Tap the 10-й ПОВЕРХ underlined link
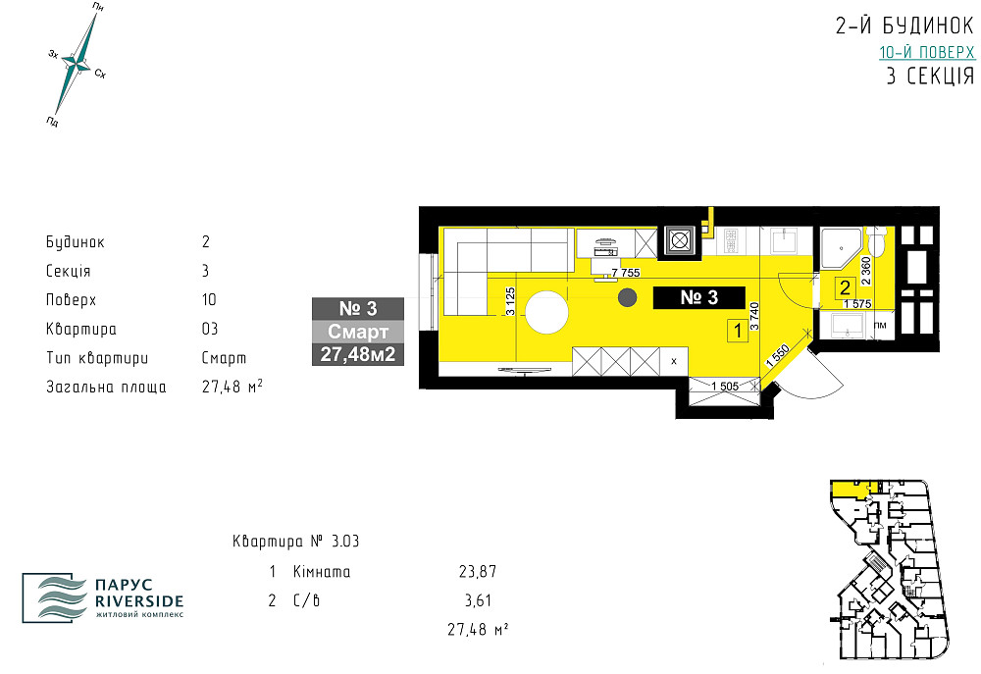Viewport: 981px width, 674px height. pos(926,53)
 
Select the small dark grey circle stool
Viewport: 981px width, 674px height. pos(626,297)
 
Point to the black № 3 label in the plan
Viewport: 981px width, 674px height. pos(698,298)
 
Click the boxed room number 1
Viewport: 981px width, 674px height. pos(736,332)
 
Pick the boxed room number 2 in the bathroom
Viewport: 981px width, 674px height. pos(843,288)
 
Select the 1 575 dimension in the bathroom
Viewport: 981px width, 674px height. pos(856,304)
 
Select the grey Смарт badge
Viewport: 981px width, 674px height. pos(358,332)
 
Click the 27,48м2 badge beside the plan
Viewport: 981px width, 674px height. pos(358,354)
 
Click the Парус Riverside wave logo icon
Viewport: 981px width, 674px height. pos(57,595)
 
